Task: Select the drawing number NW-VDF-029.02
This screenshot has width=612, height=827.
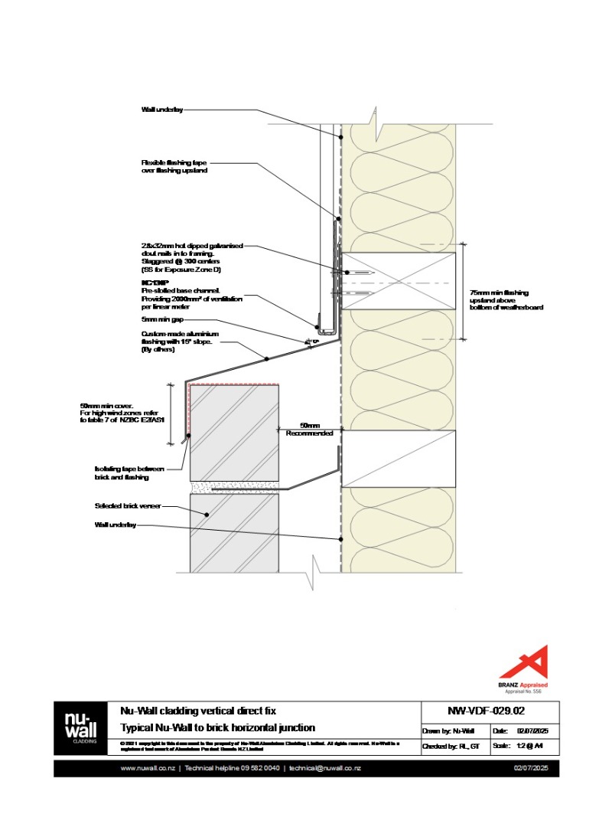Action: coord(490,710)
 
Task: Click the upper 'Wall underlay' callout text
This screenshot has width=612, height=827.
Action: coord(162,110)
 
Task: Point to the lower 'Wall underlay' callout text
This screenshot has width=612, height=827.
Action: coord(116,525)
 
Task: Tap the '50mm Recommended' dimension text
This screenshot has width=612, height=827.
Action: coord(310,429)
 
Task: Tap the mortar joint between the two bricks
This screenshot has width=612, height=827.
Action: coord(234,485)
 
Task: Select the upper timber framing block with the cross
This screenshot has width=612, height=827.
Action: coord(399,280)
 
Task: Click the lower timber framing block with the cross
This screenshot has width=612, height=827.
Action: coord(399,459)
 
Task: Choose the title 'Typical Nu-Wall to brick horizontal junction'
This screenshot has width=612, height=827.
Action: coord(217,727)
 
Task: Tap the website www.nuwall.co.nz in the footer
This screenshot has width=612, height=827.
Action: coord(148,768)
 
